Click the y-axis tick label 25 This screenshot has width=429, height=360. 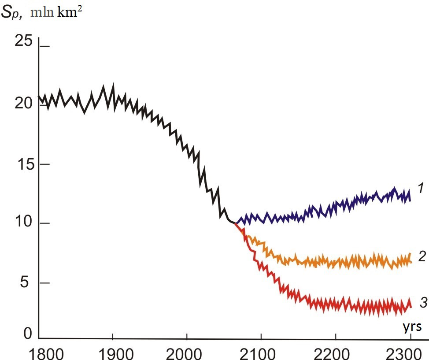tap(23, 41)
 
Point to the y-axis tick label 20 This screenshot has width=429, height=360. tap(23, 103)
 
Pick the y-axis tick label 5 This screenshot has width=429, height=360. tap(28, 282)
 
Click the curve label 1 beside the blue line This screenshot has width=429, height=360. tap(421, 189)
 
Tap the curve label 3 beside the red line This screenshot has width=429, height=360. tap(423, 302)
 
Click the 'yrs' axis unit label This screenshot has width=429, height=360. tap(412, 327)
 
